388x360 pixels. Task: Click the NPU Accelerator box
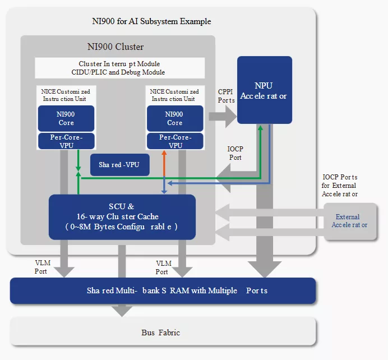pyautogui.click(x=264, y=90)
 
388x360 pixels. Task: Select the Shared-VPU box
pyautogui.click(x=119, y=165)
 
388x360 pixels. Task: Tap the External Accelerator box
pyautogui.click(x=350, y=221)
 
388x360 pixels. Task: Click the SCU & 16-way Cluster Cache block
pyautogui.click(x=122, y=216)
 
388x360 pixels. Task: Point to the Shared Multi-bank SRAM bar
pyautogui.click(x=163, y=290)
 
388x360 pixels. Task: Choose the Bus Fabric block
pyautogui.click(x=163, y=333)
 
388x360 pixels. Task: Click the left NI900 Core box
pyautogui.click(x=66, y=118)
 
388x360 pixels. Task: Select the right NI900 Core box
pyautogui.click(x=174, y=118)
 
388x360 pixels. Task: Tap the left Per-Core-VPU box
pyautogui.click(x=66, y=141)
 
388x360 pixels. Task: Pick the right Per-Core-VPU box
pyautogui.click(x=174, y=141)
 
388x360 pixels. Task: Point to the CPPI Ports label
pyautogui.click(x=226, y=96)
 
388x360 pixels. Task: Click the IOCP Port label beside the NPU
pyautogui.click(x=235, y=153)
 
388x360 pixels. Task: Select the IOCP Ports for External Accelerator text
pyautogui.click(x=340, y=186)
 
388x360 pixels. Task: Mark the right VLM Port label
pyautogui.click(x=163, y=267)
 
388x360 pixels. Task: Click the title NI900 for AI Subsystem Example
pyautogui.click(x=151, y=21)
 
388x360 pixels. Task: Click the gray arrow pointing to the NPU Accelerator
pyautogui.click(x=221, y=117)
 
